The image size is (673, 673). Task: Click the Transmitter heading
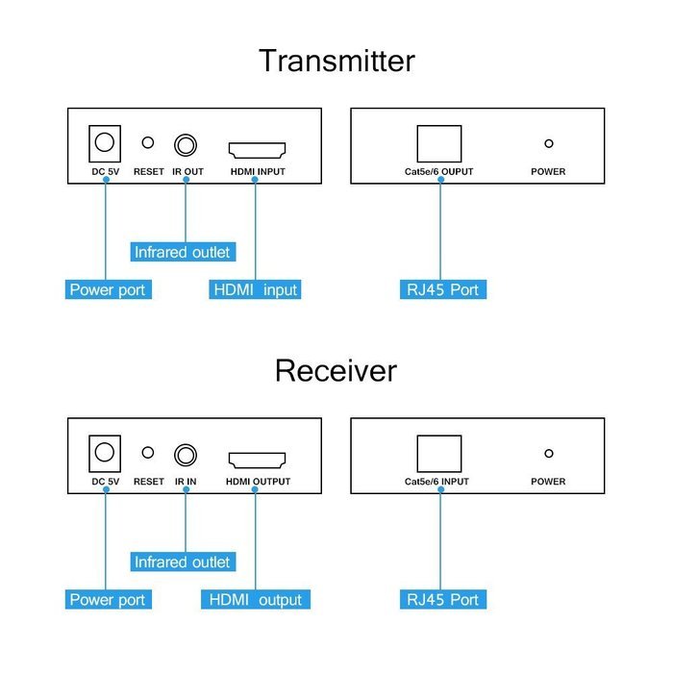pyautogui.click(x=336, y=61)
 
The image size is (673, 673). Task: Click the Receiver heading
pyautogui.click(x=336, y=370)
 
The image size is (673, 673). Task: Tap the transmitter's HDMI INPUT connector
pyautogui.click(x=257, y=150)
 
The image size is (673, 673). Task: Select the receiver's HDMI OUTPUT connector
pyautogui.click(x=257, y=461)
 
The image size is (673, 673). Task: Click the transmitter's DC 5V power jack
pyautogui.click(x=105, y=143)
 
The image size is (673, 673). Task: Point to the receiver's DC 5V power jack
pyautogui.click(x=105, y=453)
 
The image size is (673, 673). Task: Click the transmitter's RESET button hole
pyautogui.click(x=148, y=142)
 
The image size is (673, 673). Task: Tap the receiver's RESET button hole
pyautogui.click(x=148, y=453)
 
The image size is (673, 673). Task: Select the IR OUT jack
pyautogui.click(x=186, y=145)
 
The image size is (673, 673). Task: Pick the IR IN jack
pyautogui.click(x=186, y=455)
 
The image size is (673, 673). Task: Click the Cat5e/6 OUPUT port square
pyautogui.click(x=439, y=144)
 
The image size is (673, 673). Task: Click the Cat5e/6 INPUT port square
pyautogui.click(x=439, y=454)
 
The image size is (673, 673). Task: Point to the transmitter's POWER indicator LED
pyautogui.click(x=549, y=143)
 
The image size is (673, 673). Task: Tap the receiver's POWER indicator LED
pyautogui.click(x=549, y=453)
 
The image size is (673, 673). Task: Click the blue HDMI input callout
pyautogui.click(x=255, y=289)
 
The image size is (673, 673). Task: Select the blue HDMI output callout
pyautogui.click(x=256, y=599)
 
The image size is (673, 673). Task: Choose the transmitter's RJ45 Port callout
pyautogui.click(x=443, y=289)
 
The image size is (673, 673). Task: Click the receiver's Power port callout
pyautogui.click(x=108, y=599)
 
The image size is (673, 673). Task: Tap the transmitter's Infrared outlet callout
pyautogui.click(x=183, y=252)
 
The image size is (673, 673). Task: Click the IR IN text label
pyautogui.click(x=186, y=482)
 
